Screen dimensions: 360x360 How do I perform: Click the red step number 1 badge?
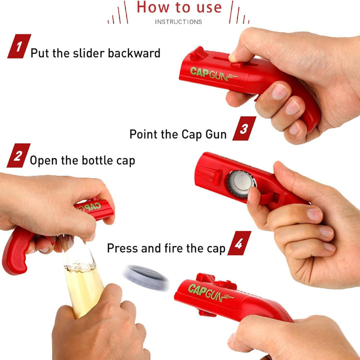pos(19,46)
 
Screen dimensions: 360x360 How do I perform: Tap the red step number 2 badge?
pos(18,155)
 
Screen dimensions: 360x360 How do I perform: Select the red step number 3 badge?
pos(244,128)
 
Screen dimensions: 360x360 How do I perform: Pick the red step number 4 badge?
pos(239,243)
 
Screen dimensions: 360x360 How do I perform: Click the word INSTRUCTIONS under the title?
pos(178,22)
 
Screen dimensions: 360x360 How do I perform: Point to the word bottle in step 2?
pos(97,160)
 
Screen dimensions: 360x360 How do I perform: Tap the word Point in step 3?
pos(143,134)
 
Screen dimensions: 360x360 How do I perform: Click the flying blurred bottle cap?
pos(146,278)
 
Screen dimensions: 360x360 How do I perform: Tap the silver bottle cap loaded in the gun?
pos(241,183)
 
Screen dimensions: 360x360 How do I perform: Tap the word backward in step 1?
pos(134,53)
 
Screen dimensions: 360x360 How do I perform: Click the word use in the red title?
pos(209,7)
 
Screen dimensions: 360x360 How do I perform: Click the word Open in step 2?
pos(43,160)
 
